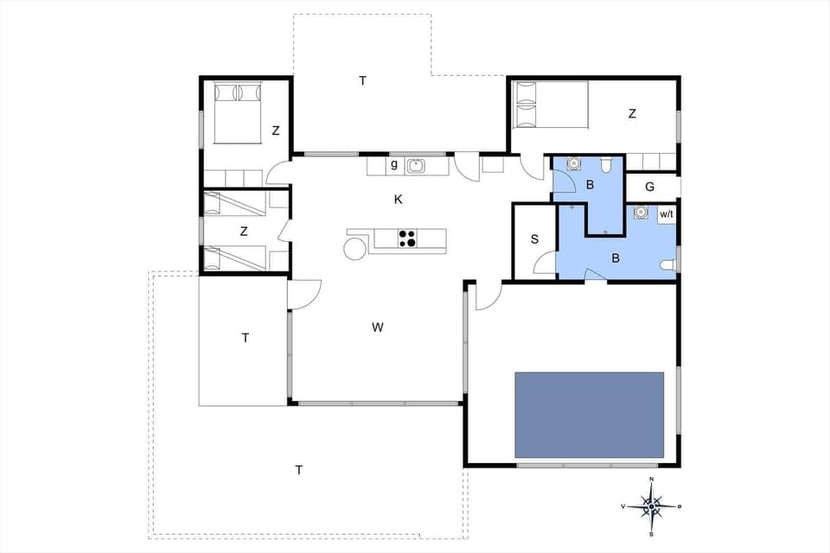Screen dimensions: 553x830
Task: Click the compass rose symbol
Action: coord(651,504)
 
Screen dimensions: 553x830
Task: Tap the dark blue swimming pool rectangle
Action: coord(589,415)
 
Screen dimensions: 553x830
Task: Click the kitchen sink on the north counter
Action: coord(415,165)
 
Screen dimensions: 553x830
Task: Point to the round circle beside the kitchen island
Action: coord(355,249)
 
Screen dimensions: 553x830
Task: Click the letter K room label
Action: coord(398,200)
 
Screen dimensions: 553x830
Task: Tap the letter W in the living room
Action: coord(377,327)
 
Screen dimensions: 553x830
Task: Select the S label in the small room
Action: coord(534,239)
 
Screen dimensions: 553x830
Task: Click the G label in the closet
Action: coord(649,186)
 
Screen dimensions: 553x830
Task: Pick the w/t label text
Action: coord(667,213)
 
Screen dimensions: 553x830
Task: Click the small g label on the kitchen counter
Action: coord(393,163)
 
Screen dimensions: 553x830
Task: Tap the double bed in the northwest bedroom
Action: coord(236,112)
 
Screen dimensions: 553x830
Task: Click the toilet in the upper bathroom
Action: coord(607,164)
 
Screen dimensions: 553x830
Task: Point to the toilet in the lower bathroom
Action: coord(667,265)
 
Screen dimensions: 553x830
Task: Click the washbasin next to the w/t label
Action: coord(640,212)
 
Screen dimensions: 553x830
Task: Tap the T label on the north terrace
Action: coord(363,80)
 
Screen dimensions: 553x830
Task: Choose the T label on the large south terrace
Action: coord(299,470)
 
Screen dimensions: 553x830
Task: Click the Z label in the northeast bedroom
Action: coord(632,113)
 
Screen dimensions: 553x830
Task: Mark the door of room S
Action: coord(546,268)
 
